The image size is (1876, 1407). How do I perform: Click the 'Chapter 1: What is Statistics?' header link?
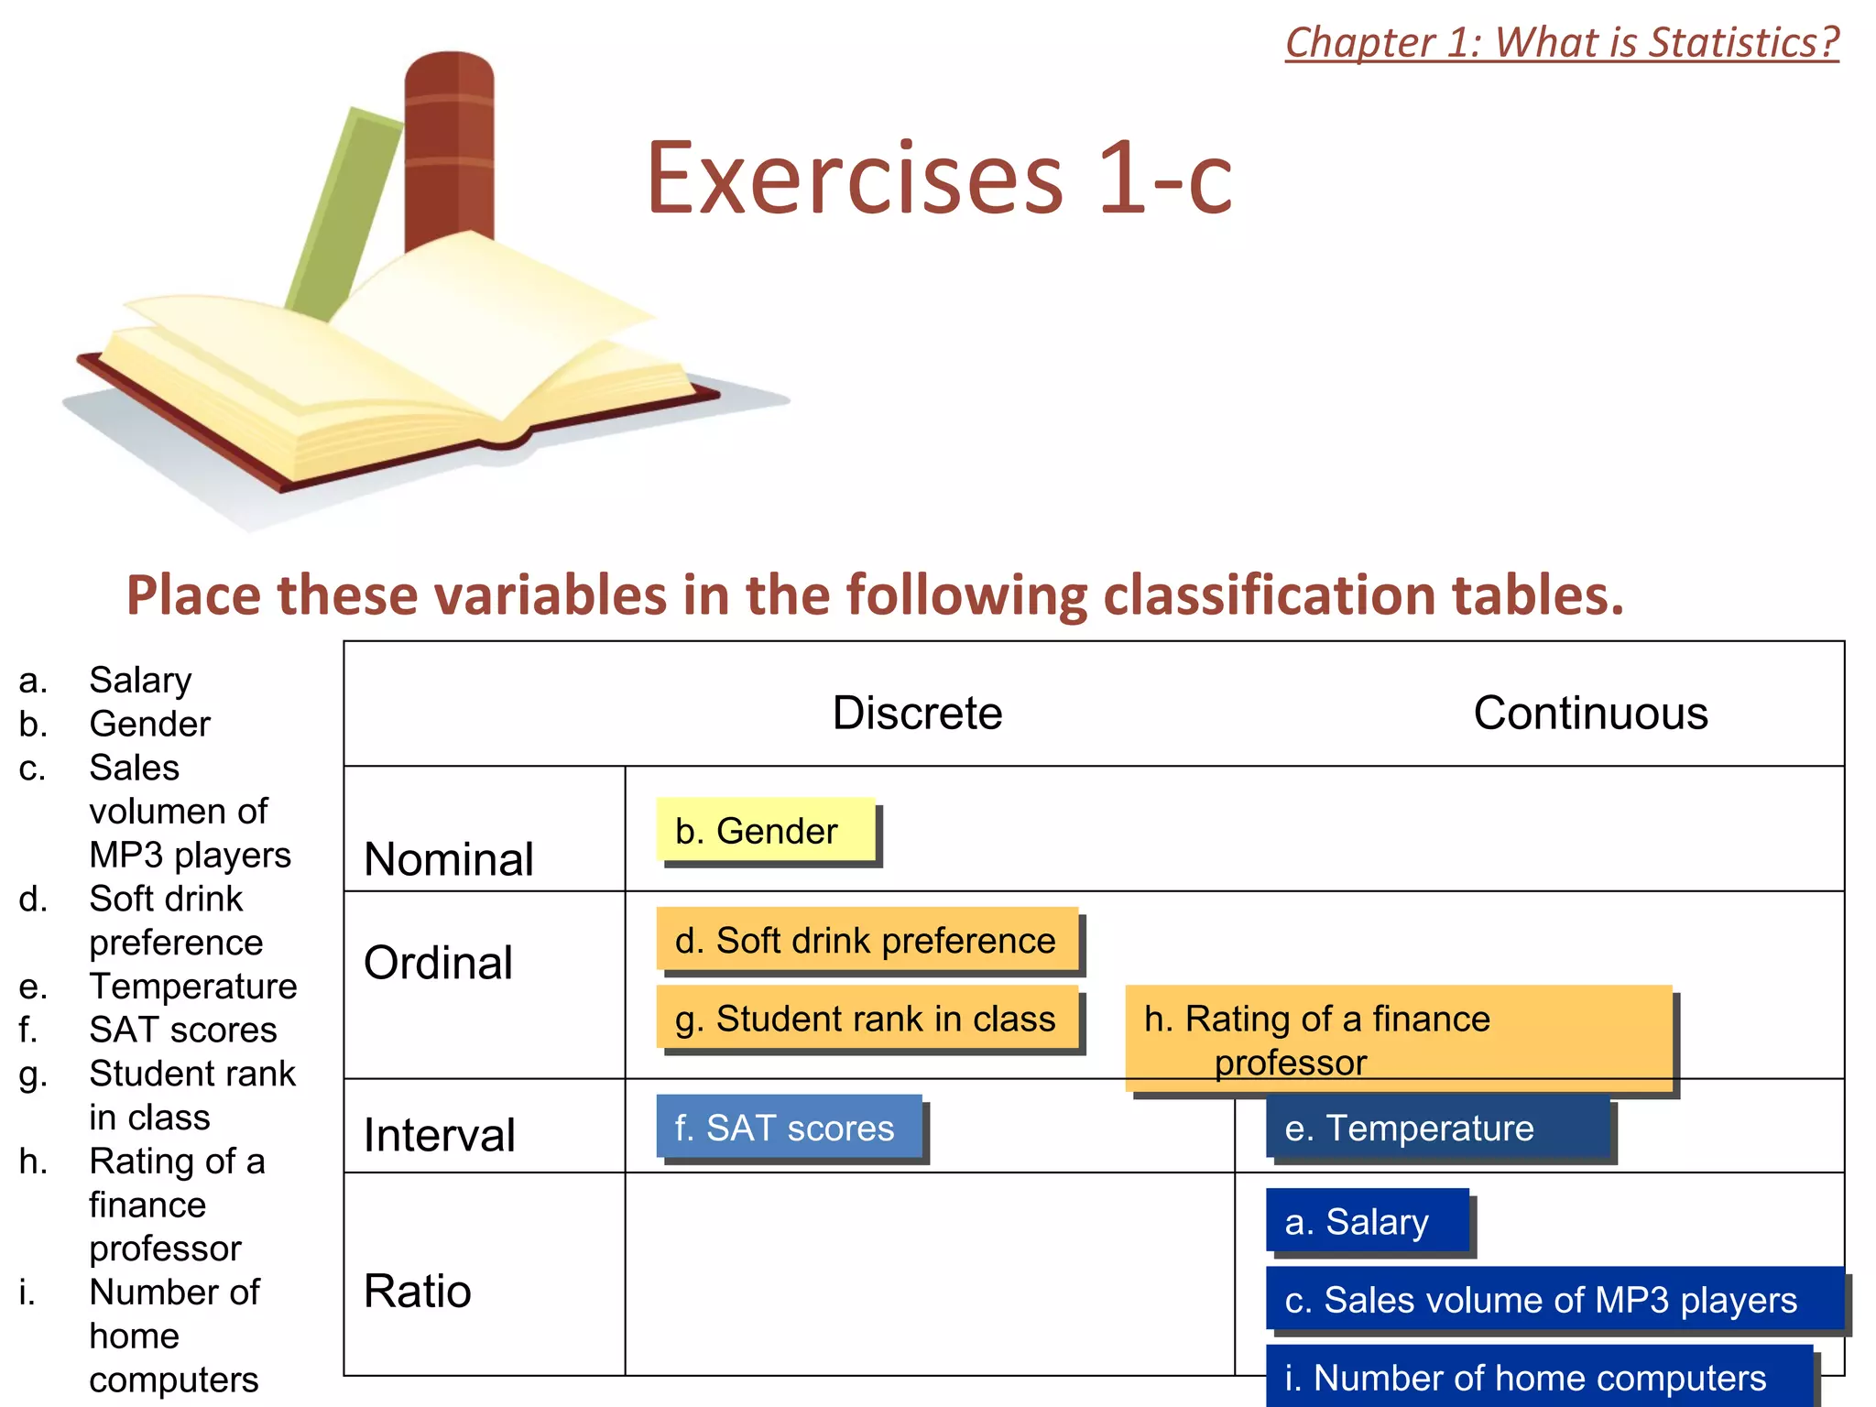pos(1562,43)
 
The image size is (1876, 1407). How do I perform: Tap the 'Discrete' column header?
pos(917,713)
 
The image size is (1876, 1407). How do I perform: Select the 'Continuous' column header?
pos(1590,713)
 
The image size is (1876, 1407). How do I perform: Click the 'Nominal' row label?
pos(449,859)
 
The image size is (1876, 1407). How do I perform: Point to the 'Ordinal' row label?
pos(438,963)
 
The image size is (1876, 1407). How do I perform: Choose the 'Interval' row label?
pos(440,1135)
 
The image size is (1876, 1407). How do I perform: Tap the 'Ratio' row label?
pos(418,1292)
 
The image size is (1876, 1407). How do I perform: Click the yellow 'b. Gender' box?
pos(766,830)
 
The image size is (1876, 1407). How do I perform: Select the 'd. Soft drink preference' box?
pos(867,940)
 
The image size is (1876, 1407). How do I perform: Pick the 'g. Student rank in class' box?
pos(867,1018)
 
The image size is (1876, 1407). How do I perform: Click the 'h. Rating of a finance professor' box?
pos(1398,1038)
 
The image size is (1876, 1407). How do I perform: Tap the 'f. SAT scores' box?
pos(789,1127)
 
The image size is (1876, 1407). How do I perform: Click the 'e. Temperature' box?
pos(1437,1127)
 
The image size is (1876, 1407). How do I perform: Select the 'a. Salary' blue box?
pos(1367,1221)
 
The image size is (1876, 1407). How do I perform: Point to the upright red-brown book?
pos(450,147)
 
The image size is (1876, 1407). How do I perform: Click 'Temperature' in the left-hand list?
pos(193,987)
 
